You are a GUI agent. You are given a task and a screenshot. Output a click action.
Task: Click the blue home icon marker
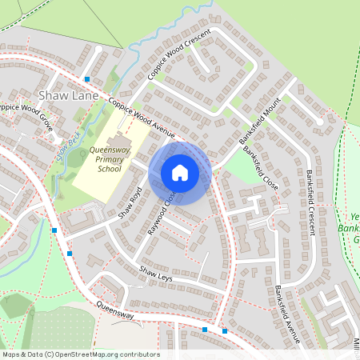[180, 173]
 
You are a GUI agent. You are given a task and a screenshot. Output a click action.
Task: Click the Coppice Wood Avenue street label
[142, 118]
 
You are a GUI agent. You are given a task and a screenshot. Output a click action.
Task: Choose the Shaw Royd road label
[130, 203]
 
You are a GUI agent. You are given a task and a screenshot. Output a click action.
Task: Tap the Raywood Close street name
[160, 213]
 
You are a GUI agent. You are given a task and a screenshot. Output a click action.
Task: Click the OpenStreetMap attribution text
[80, 354]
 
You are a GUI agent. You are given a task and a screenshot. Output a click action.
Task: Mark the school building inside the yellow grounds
[114, 142]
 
